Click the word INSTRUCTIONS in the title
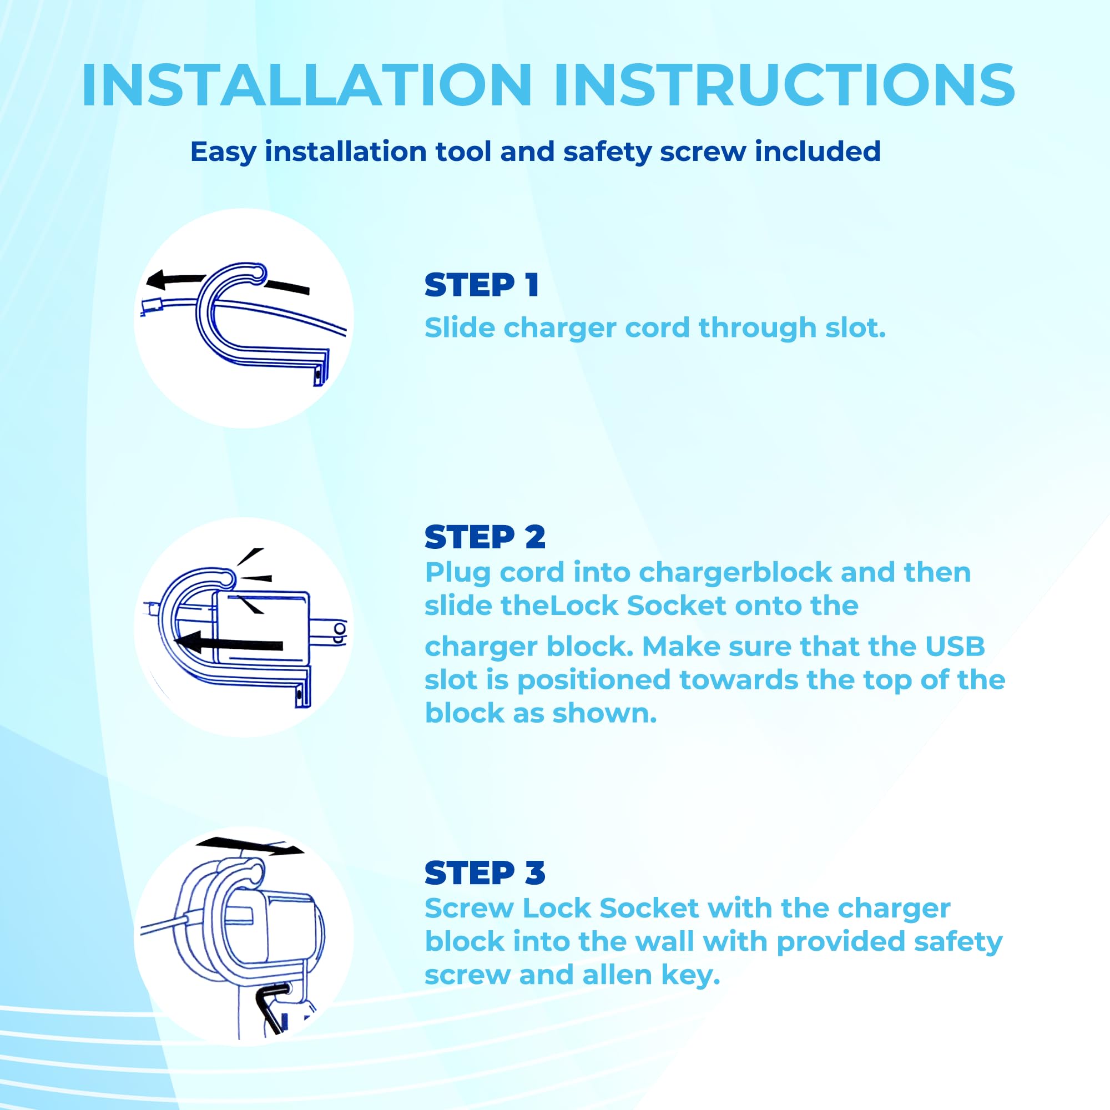click(x=785, y=85)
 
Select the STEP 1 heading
click(x=481, y=285)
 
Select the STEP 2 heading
click(x=485, y=537)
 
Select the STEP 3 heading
click(x=485, y=873)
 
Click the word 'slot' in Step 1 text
click(x=855, y=327)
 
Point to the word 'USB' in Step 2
click(x=954, y=647)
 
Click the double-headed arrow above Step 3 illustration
click(x=250, y=846)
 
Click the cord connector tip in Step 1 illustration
click(x=152, y=308)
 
